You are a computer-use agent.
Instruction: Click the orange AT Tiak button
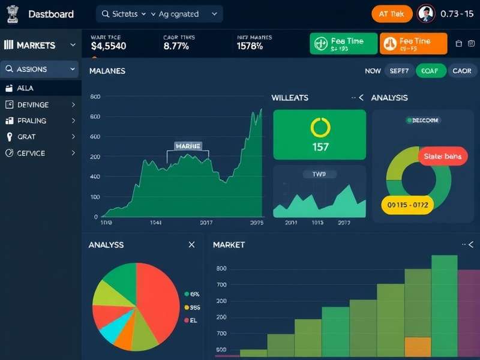(x=391, y=13)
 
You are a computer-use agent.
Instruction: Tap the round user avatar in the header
(x=425, y=13)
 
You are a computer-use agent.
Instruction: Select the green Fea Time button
(x=344, y=44)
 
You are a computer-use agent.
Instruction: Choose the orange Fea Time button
(x=413, y=44)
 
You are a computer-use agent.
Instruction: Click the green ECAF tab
(x=429, y=71)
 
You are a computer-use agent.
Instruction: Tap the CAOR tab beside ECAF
(x=461, y=71)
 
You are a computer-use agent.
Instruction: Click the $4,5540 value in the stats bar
(x=109, y=46)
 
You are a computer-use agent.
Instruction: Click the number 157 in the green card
(x=320, y=147)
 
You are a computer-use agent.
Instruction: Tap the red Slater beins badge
(x=442, y=157)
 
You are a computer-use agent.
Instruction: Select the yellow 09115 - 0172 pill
(x=407, y=205)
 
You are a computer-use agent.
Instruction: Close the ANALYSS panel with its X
(x=191, y=245)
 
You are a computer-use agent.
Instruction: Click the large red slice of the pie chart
(x=159, y=300)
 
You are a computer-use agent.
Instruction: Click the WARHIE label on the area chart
(x=188, y=146)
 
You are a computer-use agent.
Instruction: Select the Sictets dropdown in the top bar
(x=124, y=14)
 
